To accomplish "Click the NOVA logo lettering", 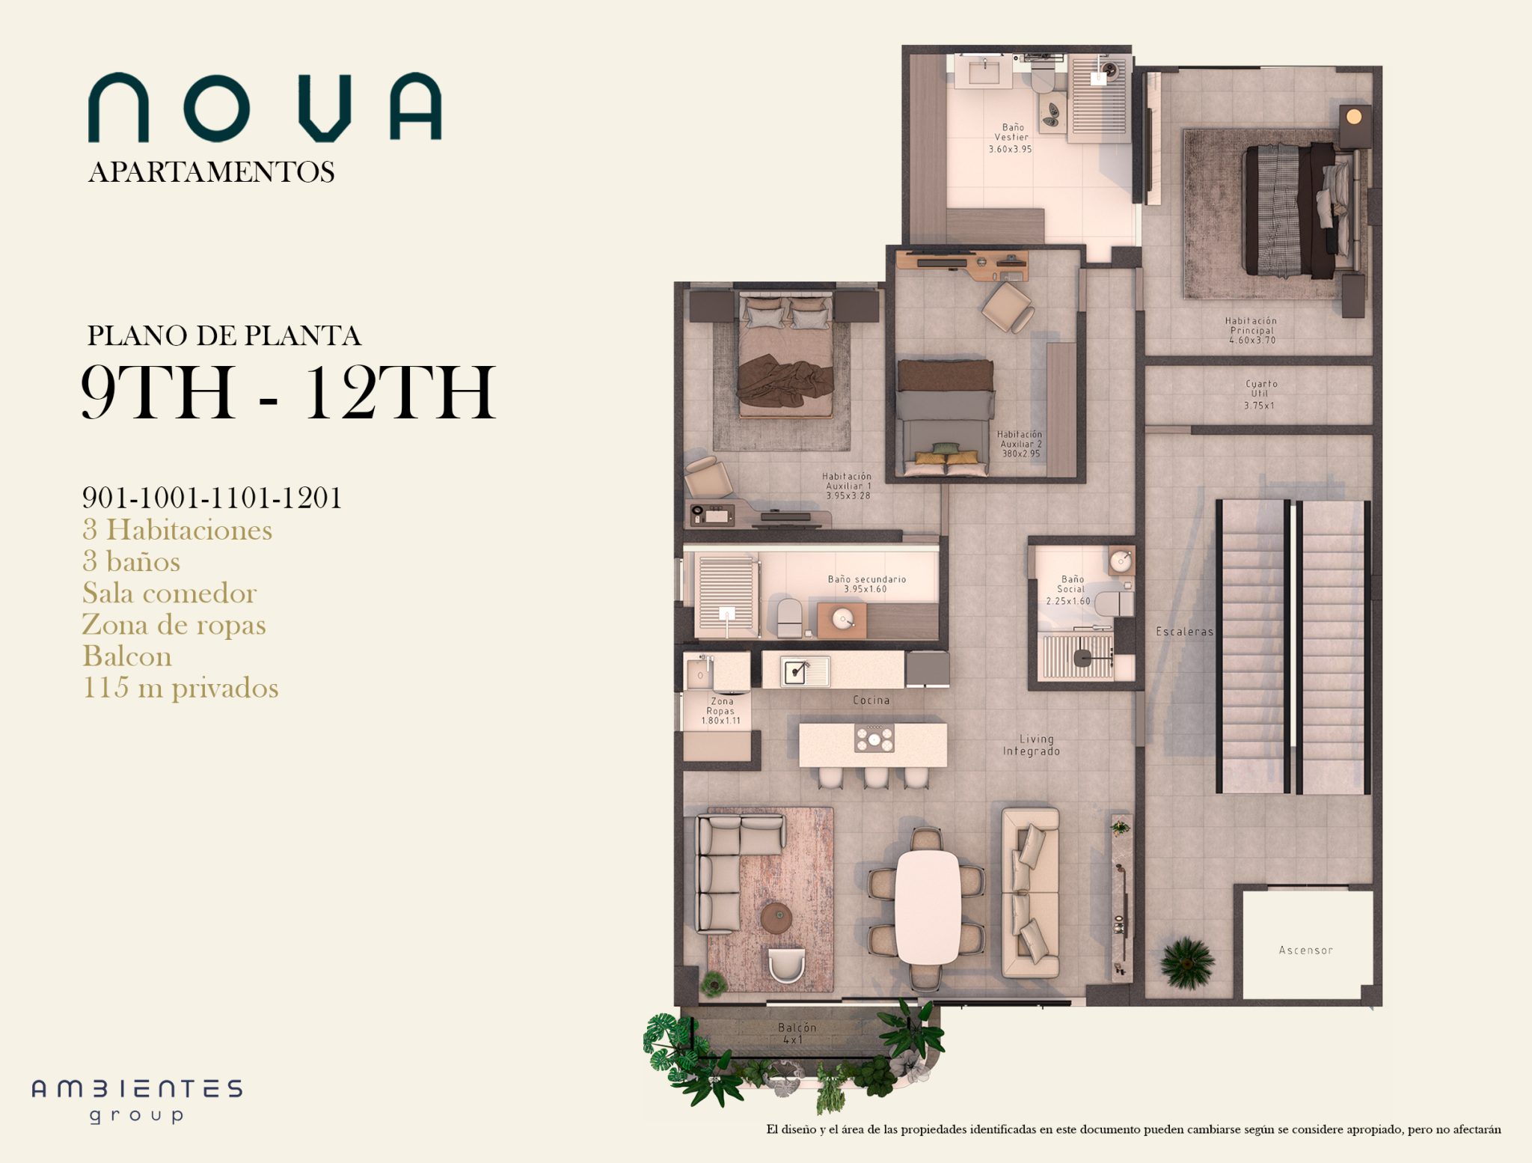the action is tap(265, 107).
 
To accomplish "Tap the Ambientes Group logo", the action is tap(137, 1101).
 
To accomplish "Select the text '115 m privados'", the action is tap(180, 688).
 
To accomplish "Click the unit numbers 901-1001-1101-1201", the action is tap(212, 498).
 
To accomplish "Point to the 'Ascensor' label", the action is tap(1305, 950).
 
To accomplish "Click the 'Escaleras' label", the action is tap(1184, 632).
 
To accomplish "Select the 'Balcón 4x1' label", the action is tap(797, 1034).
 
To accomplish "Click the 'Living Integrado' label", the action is tap(1032, 745).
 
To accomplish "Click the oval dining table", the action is tap(928, 907).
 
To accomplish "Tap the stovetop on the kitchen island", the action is tap(874, 739).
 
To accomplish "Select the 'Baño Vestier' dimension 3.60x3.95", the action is tap(1010, 149).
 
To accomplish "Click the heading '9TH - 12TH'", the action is tap(288, 392).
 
